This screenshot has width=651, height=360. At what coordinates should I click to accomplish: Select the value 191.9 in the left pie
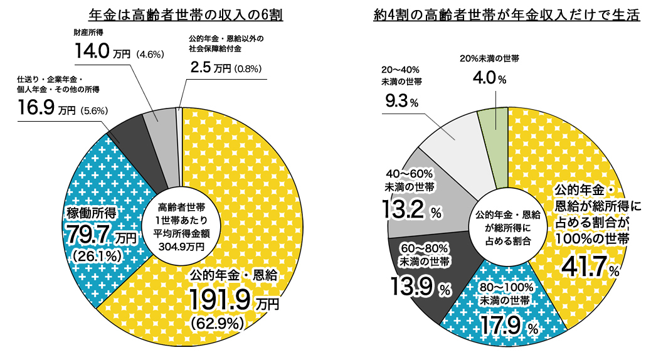pyautogui.click(x=221, y=298)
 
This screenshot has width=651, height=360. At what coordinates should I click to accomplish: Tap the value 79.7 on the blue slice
pyautogui.click(x=88, y=236)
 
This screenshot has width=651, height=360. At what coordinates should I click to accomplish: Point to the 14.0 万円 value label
pyautogui.click(x=93, y=52)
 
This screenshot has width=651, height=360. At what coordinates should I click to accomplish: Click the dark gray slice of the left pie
pyautogui.click(x=129, y=135)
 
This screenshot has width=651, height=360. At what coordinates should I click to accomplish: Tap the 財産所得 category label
pyautogui.click(x=88, y=32)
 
